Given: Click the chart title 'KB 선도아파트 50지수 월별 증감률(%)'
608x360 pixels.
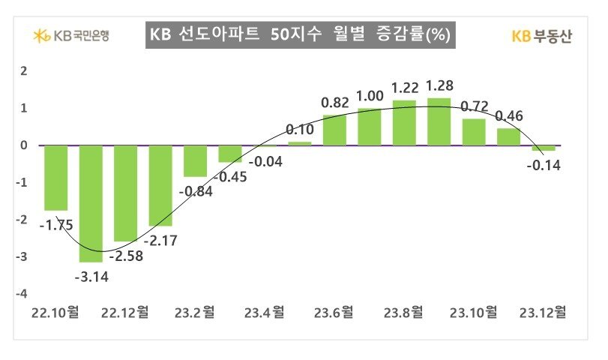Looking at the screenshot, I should (300, 35).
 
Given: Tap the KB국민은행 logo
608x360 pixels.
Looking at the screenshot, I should (72, 35).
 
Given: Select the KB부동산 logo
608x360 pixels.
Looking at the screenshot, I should (541, 36).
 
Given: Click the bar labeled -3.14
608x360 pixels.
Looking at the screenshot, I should (91, 202).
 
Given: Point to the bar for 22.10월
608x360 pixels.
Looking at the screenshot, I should (55, 178).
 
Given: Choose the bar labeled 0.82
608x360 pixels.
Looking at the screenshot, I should (334, 130).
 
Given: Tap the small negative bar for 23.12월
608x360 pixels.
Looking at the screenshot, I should (544, 148).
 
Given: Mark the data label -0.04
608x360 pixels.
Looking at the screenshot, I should (265, 161).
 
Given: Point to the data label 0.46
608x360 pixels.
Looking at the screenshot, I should (510, 116).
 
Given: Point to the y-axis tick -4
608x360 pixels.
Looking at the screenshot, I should (23, 293).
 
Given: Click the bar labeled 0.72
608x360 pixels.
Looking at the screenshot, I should (474, 132).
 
